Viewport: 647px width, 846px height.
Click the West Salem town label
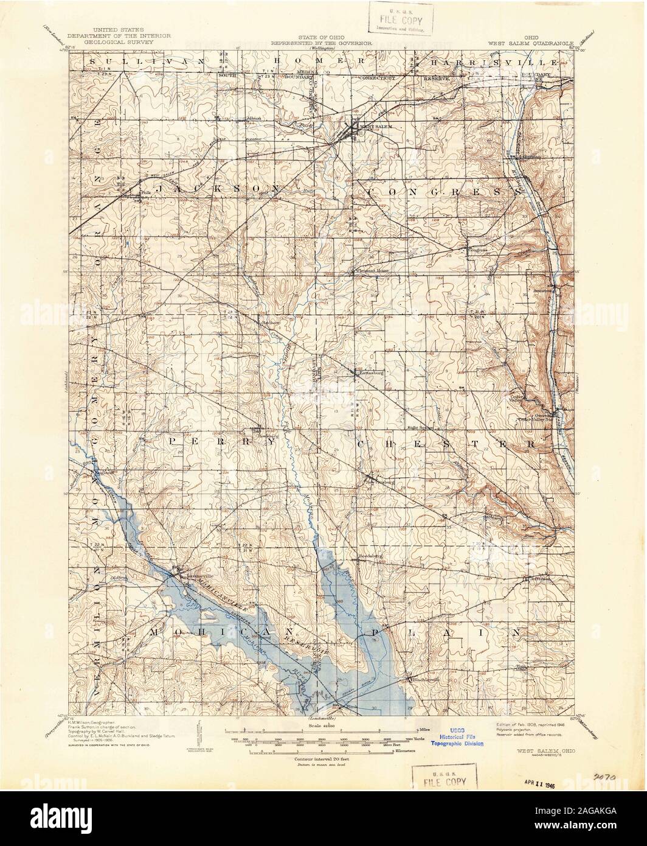coord(372,126)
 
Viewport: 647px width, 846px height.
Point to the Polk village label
coord(144,194)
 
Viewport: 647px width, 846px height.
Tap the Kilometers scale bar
coord(322,752)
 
